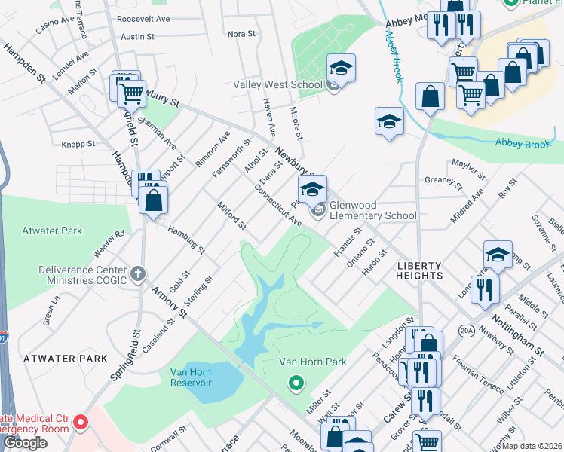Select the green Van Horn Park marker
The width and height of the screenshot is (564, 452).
click(296, 383)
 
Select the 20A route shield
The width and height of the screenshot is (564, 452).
click(466, 330)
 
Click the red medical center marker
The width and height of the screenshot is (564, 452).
click(80, 423)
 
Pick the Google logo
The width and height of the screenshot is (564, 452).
click(25, 443)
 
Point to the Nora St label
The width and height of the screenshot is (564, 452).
click(242, 34)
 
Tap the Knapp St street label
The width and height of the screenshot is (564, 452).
click(78, 143)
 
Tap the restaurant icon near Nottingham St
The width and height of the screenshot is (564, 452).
click(485, 289)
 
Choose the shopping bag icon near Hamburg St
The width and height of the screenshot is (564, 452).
click(153, 201)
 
